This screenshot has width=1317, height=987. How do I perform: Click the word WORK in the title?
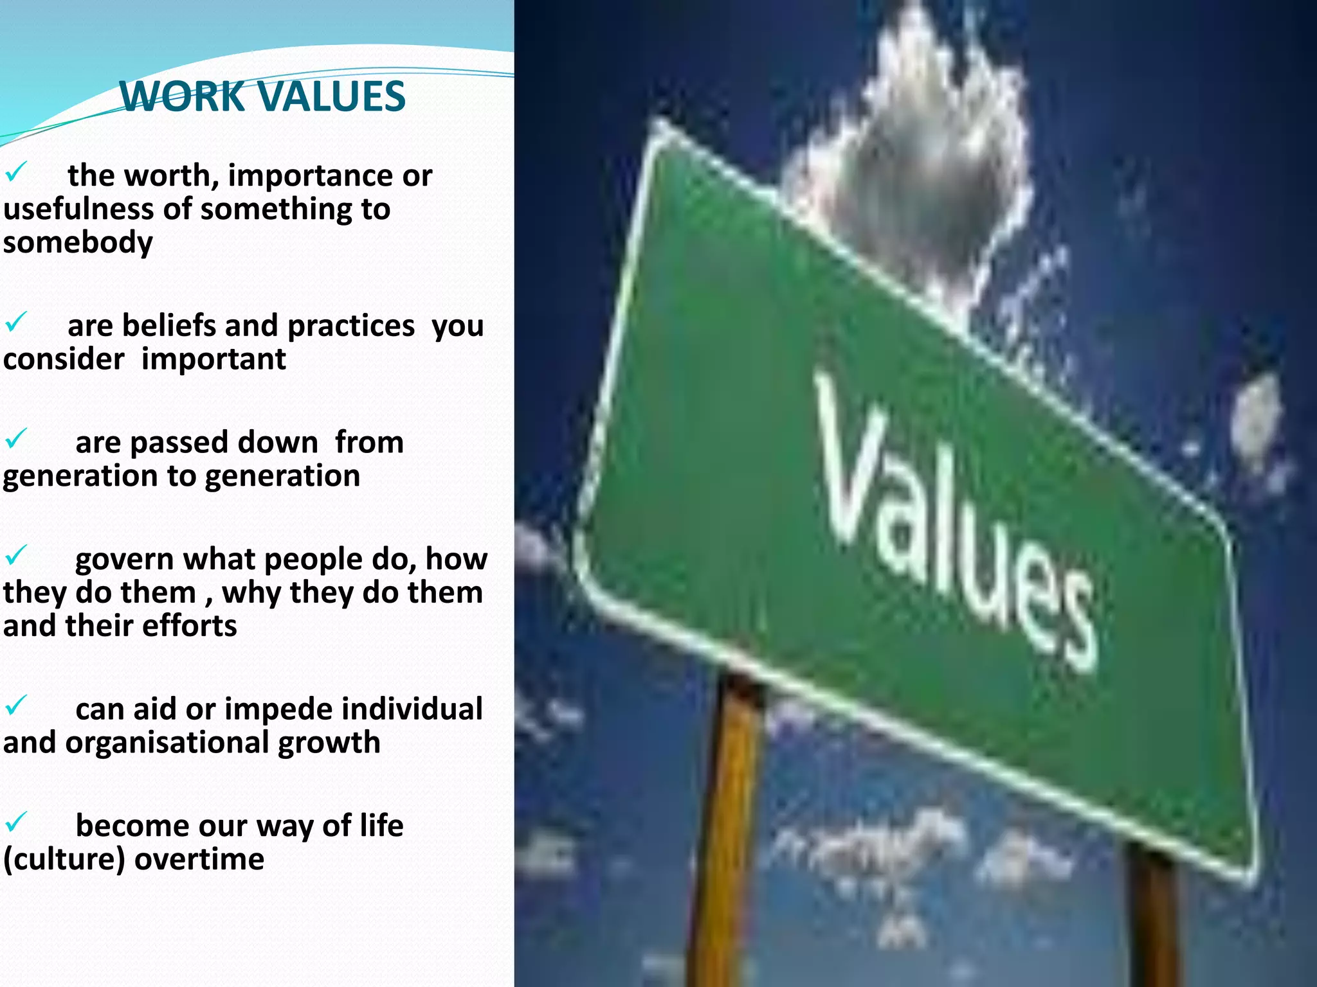coord(182,96)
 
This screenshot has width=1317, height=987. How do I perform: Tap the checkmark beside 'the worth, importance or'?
coord(15,172)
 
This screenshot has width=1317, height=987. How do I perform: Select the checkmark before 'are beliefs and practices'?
coord(15,321)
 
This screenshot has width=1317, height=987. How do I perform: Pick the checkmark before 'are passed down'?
coord(15,439)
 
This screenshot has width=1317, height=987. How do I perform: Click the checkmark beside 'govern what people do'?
coord(15,555)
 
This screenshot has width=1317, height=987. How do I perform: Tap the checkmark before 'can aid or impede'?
coord(15,706)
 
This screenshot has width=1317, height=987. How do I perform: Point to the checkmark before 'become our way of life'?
coord(15,822)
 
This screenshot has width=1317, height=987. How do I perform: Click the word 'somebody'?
coord(78,243)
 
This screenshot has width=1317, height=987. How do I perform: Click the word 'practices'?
coord(351,326)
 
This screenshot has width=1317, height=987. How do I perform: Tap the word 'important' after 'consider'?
coord(213,359)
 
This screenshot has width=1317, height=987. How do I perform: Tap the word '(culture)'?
coord(64,860)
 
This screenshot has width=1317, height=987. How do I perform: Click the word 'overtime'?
coord(199,859)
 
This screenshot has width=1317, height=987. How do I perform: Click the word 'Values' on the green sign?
coord(952,520)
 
